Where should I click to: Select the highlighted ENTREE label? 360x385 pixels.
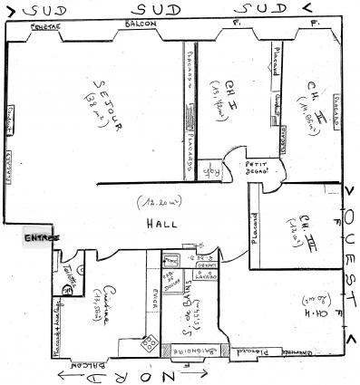click(x=40, y=237)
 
